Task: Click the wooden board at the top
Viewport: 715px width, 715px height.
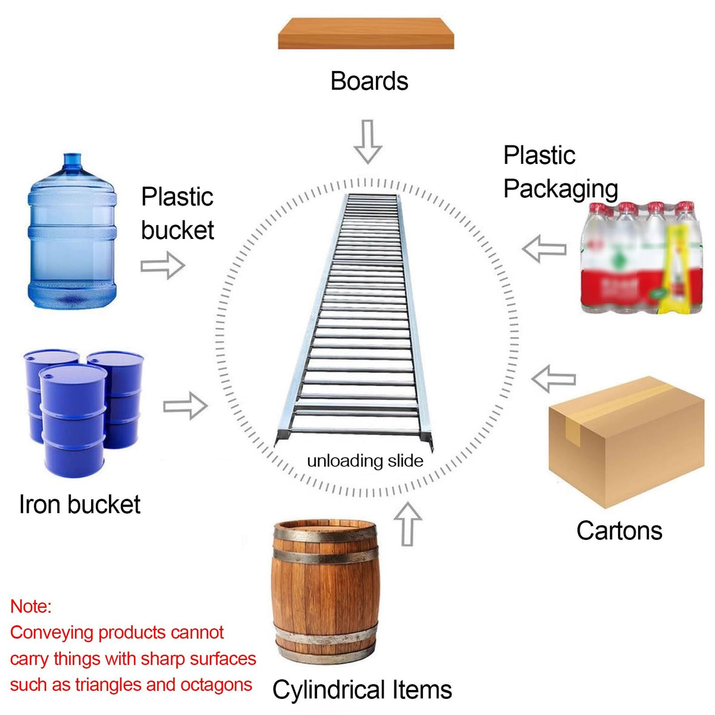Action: pyautogui.click(x=365, y=33)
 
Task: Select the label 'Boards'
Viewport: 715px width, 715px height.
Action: pyautogui.click(x=369, y=81)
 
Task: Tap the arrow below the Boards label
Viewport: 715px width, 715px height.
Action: pyautogui.click(x=368, y=141)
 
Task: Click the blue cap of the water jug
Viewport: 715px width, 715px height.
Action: pyautogui.click(x=72, y=160)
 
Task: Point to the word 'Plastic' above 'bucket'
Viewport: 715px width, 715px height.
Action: pyautogui.click(x=177, y=197)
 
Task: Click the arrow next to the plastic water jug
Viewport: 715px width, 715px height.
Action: pyautogui.click(x=163, y=265)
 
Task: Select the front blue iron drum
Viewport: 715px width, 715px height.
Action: pyautogui.click(x=73, y=421)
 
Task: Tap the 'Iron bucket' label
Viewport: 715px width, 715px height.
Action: pyautogui.click(x=80, y=504)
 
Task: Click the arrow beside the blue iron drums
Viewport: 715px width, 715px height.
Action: pyautogui.click(x=185, y=406)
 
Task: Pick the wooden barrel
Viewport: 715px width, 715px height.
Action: pyautogui.click(x=325, y=591)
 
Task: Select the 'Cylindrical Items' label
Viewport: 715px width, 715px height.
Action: pyautogui.click(x=362, y=689)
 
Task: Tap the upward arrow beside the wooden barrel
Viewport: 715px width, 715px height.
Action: pyautogui.click(x=408, y=524)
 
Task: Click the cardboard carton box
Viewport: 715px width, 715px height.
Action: pyautogui.click(x=626, y=442)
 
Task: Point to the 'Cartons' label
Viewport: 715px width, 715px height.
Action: pyautogui.click(x=619, y=530)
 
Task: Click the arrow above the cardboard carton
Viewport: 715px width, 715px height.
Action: pyautogui.click(x=553, y=379)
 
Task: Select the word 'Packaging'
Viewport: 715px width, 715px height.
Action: pyautogui.click(x=560, y=189)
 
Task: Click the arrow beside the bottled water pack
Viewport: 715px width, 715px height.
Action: pyautogui.click(x=544, y=248)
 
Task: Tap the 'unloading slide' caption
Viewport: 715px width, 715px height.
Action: pyautogui.click(x=365, y=461)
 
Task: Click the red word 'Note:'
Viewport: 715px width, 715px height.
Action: pyautogui.click(x=31, y=607)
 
